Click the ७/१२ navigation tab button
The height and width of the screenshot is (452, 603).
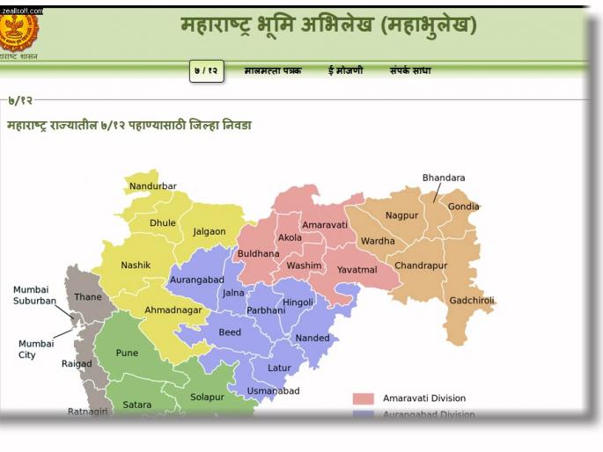(206, 70)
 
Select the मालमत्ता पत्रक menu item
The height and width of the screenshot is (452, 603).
(273, 70)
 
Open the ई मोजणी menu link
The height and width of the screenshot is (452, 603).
(345, 70)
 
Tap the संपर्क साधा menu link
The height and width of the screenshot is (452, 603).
(410, 70)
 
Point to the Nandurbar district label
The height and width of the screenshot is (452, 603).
(152, 186)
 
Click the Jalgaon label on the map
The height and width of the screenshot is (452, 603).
(210, 232)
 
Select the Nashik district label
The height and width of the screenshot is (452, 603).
(136, 266)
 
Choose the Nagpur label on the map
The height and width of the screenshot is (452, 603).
(401, 215)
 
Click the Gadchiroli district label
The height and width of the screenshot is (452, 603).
(472, 300)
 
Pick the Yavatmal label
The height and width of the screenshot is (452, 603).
(357, 270)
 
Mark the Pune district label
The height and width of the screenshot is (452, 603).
(127, 354)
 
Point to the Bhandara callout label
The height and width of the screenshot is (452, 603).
(444, 179)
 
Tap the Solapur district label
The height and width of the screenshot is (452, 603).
(207, 397)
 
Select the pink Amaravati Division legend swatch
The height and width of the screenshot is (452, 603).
(364, 398)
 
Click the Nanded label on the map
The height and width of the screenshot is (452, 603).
(313, 339)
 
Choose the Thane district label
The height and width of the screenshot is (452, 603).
(87, 297)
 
